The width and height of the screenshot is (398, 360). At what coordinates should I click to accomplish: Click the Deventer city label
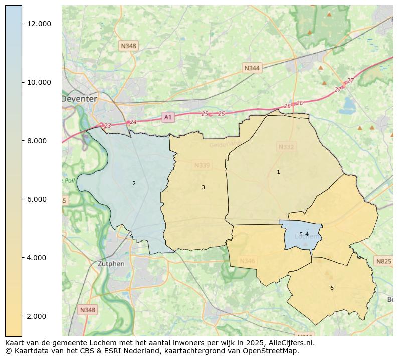click(79, 99)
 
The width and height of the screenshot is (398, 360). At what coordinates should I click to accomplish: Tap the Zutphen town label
click(111, 264)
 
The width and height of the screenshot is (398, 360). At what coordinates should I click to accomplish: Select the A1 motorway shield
click(168, 117)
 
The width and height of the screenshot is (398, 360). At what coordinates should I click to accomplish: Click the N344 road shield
click(252, 68)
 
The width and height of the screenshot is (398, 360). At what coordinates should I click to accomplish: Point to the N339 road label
click(202, 165)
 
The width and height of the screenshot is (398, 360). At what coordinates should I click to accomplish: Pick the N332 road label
click(286, 147)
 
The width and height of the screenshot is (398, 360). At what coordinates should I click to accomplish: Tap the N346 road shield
click(247, 261)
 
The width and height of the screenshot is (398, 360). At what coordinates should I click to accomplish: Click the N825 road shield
click(383, 261)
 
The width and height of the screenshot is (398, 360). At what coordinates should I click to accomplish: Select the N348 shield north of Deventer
click(128, 46)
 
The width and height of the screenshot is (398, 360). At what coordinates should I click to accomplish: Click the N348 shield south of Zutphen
click(87, 310)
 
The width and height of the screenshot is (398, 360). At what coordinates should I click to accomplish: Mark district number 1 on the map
click(278, 172)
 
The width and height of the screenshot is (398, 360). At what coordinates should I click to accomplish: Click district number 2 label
click(134, 183)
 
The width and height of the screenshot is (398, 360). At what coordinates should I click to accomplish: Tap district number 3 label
click(203, 187)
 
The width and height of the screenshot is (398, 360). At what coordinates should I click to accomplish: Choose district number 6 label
click(331, 288)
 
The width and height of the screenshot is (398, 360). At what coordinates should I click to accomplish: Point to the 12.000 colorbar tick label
click(39, 24)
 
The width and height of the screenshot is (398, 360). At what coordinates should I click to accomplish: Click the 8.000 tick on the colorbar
click(39, 141)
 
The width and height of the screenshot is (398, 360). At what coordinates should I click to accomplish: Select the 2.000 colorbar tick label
click(39, 316)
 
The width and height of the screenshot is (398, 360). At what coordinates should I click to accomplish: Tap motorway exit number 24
click(133, 122)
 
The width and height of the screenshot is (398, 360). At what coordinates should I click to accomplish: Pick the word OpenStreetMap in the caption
click(271, 351)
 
